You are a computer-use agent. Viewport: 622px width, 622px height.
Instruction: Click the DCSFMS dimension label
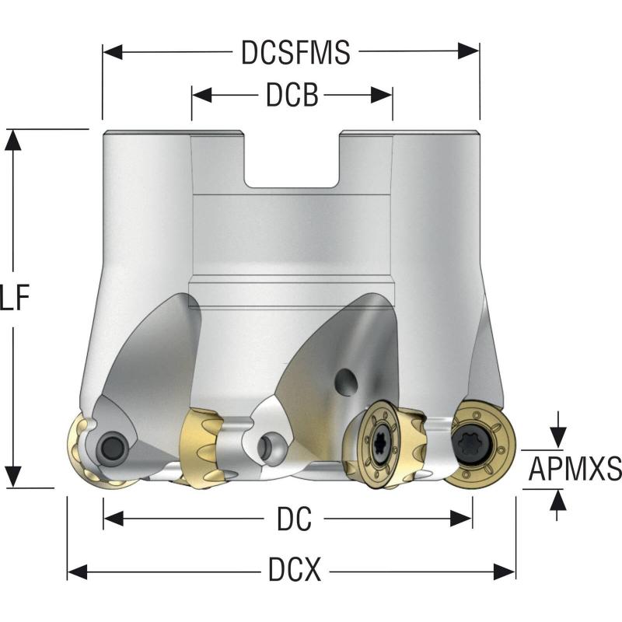295,53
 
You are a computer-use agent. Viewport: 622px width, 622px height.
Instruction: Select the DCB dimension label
292,96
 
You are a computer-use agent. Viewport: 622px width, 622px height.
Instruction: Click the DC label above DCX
294,519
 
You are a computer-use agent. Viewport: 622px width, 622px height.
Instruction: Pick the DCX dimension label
295,572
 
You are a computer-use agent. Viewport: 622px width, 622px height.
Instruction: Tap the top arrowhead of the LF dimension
12,138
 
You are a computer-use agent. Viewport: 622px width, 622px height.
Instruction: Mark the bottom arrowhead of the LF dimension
12,476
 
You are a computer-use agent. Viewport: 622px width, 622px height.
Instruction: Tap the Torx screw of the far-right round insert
473,446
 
